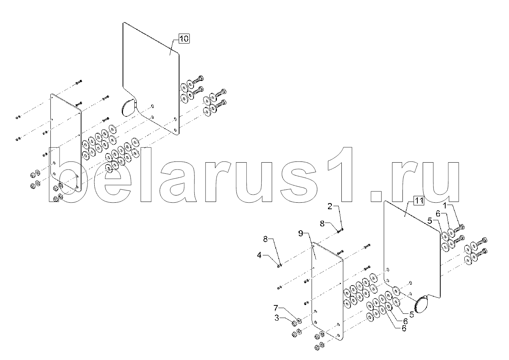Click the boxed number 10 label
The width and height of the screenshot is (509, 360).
coord(184,39)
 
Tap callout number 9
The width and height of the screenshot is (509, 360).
coord(301,233)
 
